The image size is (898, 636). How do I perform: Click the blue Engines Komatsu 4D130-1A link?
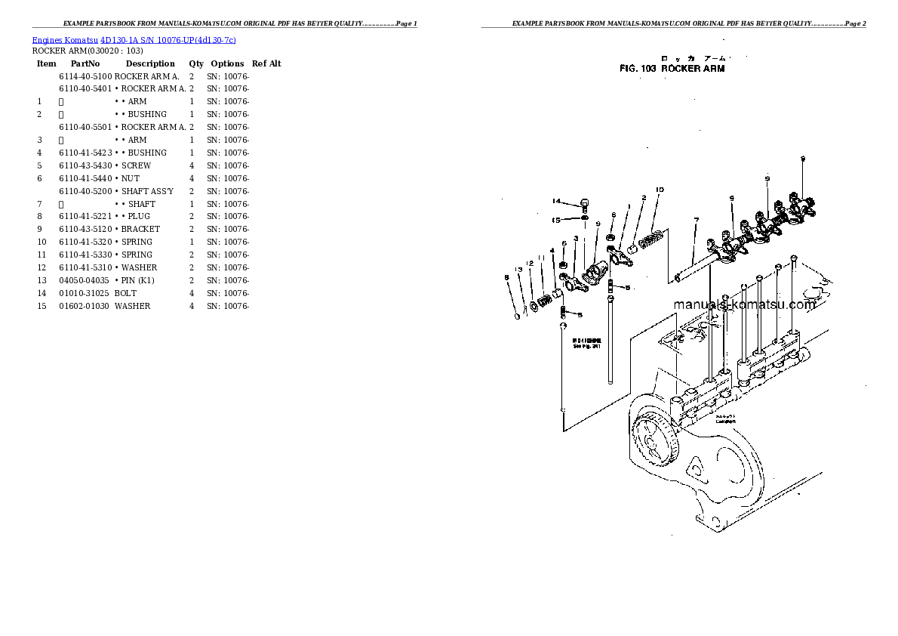tap(134, 40)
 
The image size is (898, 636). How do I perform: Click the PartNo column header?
tap(85, 64)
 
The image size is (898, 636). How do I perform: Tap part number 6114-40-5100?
tap(85, 76)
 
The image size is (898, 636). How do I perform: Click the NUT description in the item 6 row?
tap(130, 178)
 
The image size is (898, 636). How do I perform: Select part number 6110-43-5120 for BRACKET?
tap(85, 229)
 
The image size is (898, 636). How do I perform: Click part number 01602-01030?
tap(85, 306)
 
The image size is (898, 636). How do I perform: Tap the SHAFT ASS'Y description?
tap(147, 191)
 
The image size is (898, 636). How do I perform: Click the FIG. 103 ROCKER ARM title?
tap(672, 69)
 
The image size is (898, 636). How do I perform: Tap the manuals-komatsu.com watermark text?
tap(744, 304)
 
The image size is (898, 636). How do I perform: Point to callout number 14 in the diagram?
tap(556, 201)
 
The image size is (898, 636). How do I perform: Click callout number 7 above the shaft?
tap(696, 220)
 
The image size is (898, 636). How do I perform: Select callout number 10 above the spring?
tap(659, 190)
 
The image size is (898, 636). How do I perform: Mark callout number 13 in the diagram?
tap(519, 270)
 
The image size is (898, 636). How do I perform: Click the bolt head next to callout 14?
tap(584, 202)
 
